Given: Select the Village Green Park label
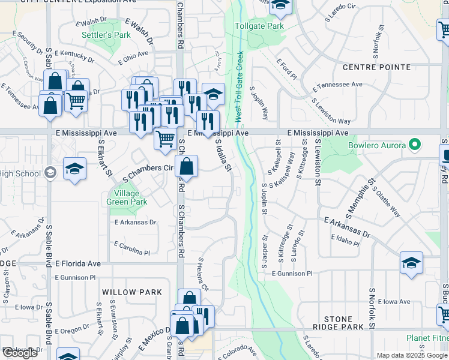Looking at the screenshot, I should [x=127, y=197].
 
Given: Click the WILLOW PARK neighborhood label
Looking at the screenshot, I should [x=132, y=292].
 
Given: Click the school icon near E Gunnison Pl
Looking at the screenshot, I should [x=411, y=263].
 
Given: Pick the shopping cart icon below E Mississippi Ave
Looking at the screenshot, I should [x=165, y=139].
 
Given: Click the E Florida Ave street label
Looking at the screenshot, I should [x=78, y=263].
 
